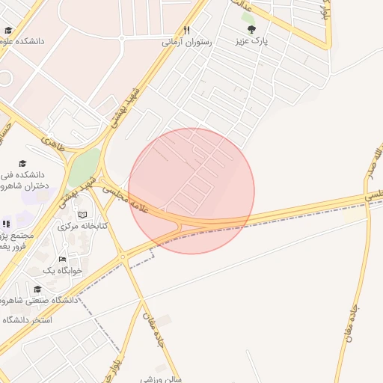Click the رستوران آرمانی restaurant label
(187, 43)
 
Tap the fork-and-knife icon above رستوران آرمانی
(187, 30)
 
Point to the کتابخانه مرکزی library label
(83, 225)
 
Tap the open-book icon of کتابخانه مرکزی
(83, 215)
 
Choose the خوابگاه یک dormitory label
(59, 270)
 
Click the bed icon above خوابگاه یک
(63, 259)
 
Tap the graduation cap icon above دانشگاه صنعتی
(37, 289)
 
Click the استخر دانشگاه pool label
(25, 319)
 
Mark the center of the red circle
(191, 191)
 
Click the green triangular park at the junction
(84, 166)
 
